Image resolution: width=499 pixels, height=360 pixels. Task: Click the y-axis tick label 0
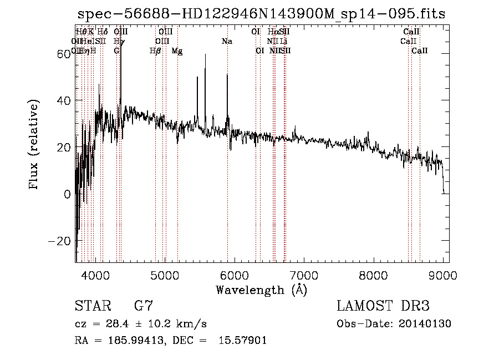click(x=67, y=195)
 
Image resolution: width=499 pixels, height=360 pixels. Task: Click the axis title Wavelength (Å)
click(x=261, y=290)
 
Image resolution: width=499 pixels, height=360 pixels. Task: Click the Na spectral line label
click(x=227, y=42)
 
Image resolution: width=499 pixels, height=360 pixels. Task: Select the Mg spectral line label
click(x=177, y=51)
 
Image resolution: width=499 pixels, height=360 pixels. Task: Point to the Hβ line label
click(x=155, y=51)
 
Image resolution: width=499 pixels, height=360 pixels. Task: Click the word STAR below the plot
click(x=93, y=306)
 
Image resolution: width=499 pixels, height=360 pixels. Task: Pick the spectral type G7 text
click(x=144, y=306)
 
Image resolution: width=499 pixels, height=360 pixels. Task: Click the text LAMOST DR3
click(x=383, y=306)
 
